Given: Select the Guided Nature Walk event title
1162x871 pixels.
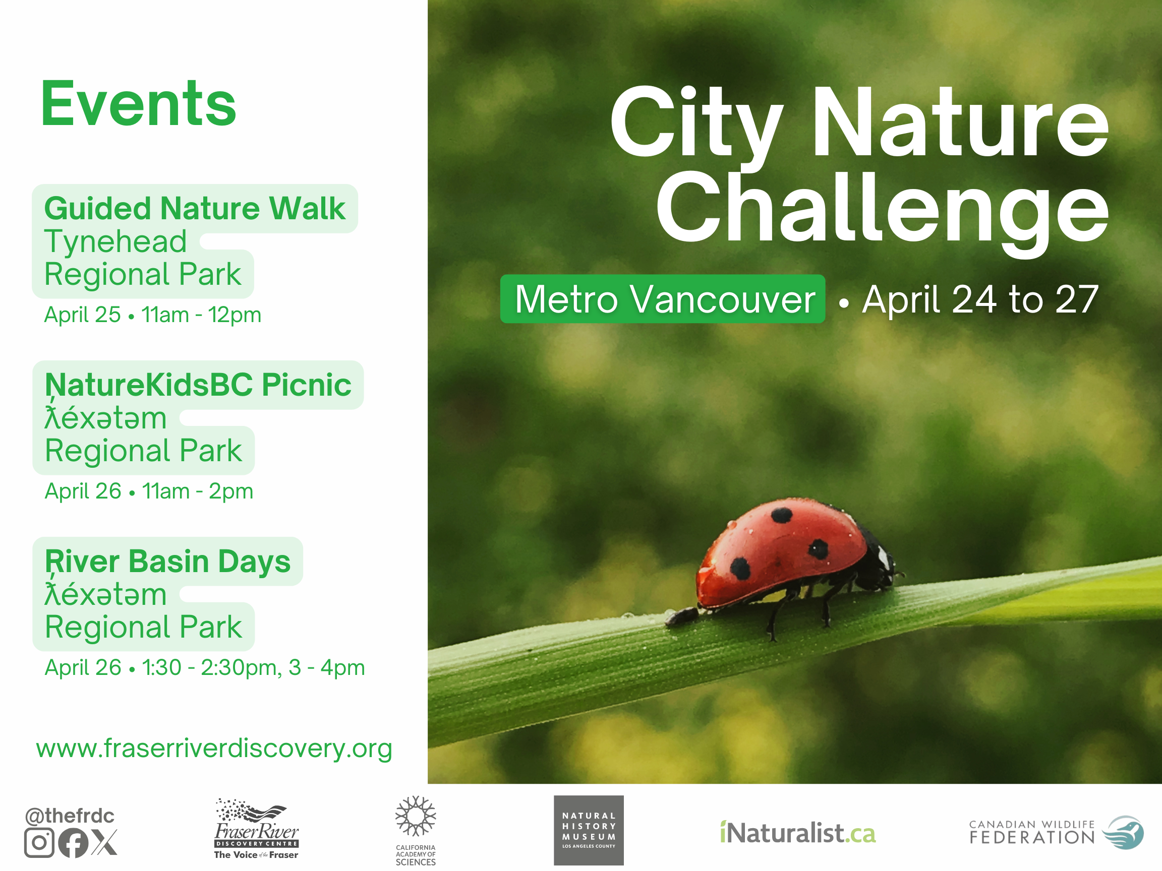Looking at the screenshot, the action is tap(195, 209).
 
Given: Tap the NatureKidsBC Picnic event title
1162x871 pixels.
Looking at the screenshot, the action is tap(198, 385).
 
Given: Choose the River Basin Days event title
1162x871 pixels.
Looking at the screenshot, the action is tap(167, 561).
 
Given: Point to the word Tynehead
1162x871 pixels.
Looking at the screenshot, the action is tap(115, 241).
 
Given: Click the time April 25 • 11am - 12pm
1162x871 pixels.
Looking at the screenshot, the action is tap(152, 315).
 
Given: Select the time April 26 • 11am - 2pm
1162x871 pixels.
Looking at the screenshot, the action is tap(149, 491).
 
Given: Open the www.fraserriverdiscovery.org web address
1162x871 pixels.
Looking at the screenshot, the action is tap(214, 748).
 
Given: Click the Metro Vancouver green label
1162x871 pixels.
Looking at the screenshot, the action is tap(662, 299).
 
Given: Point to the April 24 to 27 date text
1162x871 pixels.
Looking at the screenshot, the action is tap(980, 299).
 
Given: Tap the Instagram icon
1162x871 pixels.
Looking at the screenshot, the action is tap(39, 843).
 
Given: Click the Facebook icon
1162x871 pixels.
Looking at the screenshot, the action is tap(73, 843).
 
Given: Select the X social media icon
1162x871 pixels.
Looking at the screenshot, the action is tap(104, 843).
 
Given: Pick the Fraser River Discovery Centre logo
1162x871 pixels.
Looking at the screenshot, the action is tap(256, 829).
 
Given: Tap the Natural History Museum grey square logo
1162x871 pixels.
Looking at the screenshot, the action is tap(589, 831).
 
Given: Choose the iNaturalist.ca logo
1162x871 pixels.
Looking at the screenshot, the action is tap(798, 833).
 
